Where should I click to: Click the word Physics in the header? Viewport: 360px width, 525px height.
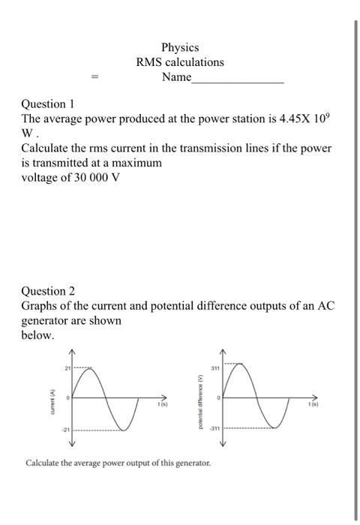tap(180, 47)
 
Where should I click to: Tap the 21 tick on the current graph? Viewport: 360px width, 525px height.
tap(66, 367)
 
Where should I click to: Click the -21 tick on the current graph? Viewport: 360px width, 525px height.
tap(65, 430)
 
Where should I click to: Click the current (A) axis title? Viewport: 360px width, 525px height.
tap(51, 398)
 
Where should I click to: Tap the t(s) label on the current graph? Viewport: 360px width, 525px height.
tap(161, 405)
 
